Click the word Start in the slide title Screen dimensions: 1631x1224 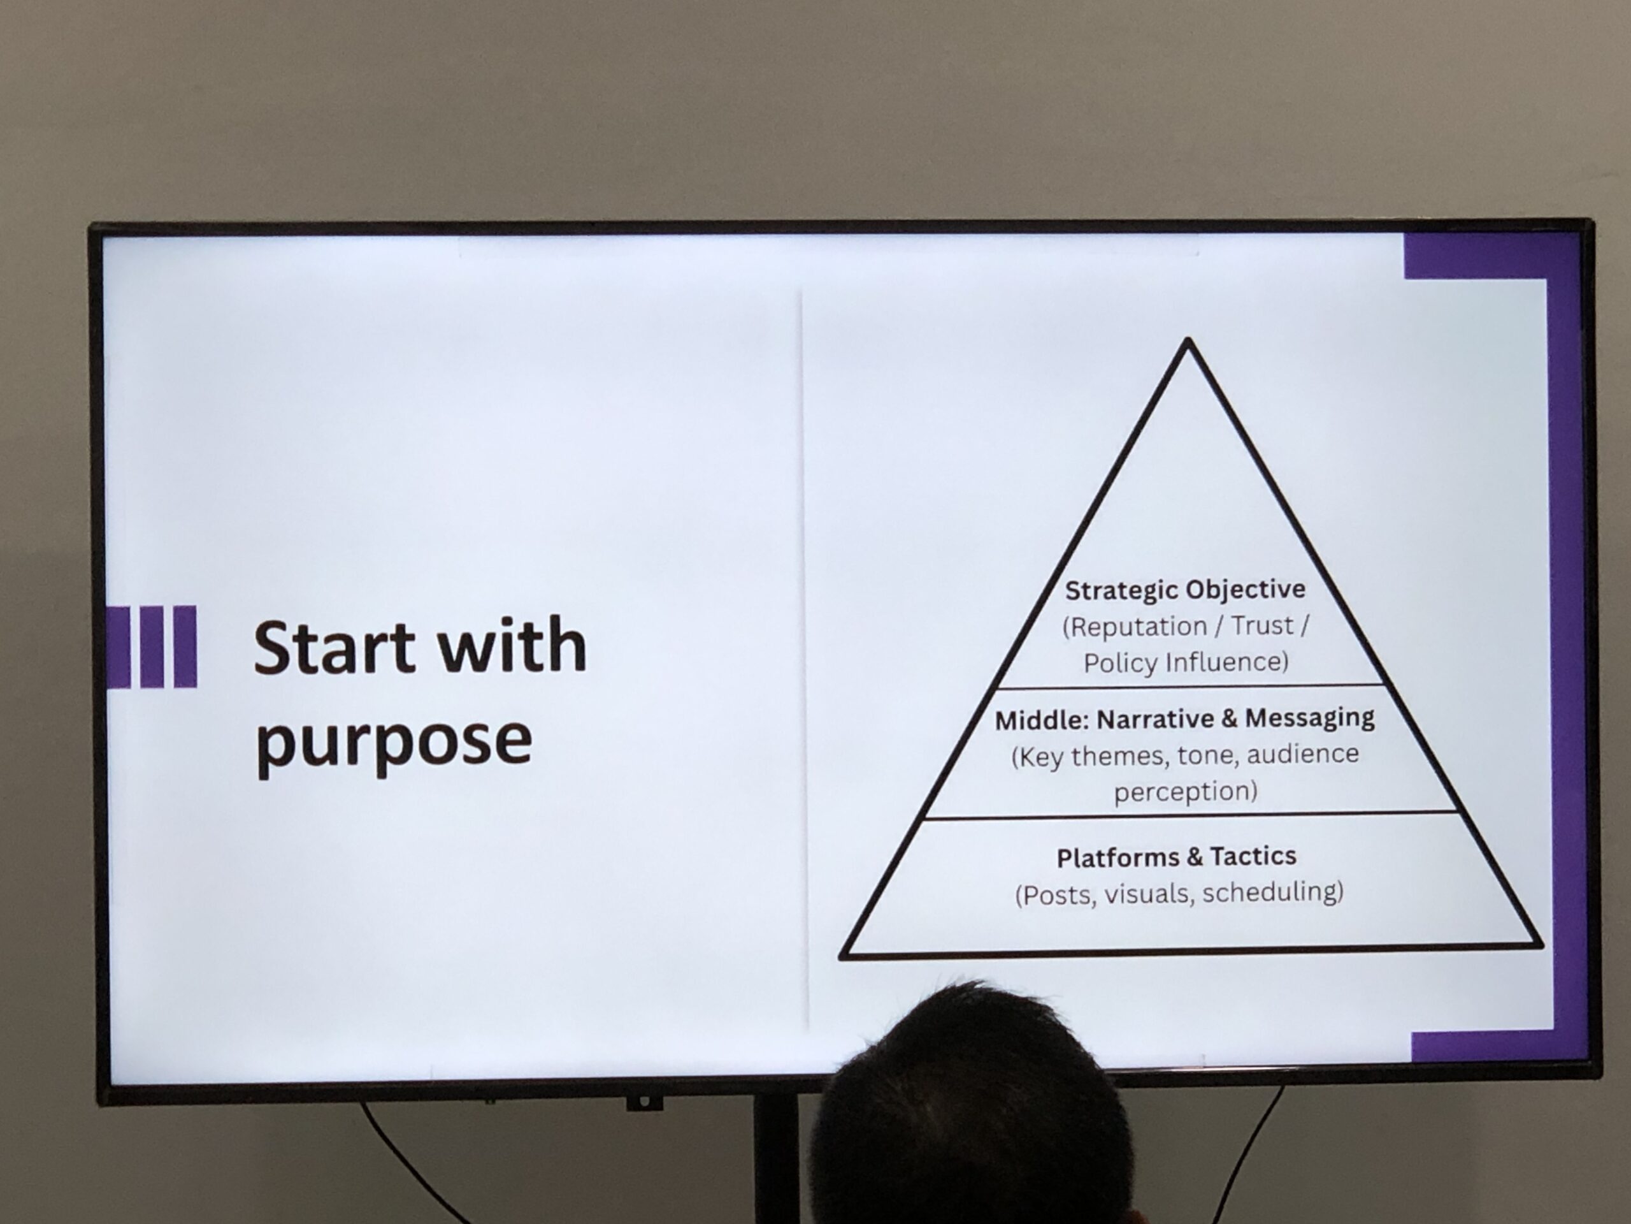click(x=334, y=646)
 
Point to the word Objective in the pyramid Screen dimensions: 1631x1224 click(x=1246, y=590)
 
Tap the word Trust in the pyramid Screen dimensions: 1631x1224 click(x=1261, y=625)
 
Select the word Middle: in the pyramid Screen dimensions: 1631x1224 click(x=1042, y=721)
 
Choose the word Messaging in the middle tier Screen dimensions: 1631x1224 click(x=1311, y=718)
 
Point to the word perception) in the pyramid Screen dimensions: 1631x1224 click(x=1186, y=792)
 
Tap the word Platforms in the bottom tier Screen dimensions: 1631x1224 click(x=1118, y=857)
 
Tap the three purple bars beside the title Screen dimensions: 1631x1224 click(x=151, y=647)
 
